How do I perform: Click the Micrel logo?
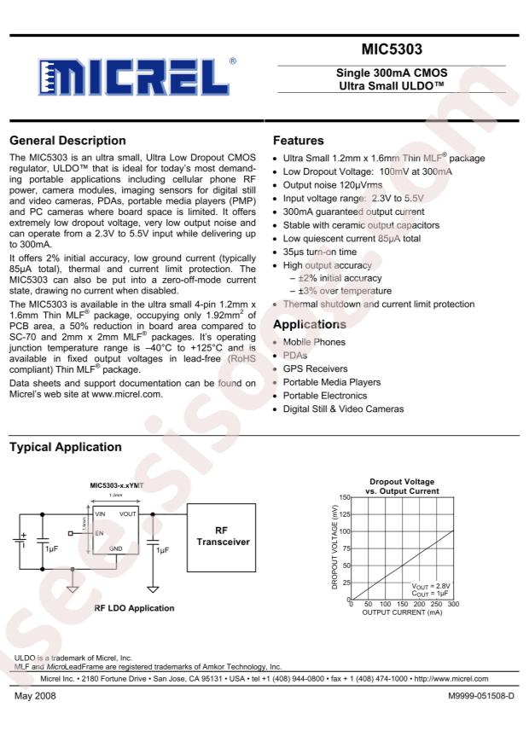134,78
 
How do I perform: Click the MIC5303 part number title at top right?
392,49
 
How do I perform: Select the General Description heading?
67,140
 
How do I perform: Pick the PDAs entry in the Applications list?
295,355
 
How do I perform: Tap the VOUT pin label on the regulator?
129,514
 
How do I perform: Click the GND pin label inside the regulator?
115,548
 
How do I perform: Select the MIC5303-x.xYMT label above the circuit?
117,485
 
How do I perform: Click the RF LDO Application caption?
134,608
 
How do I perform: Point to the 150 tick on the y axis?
345,496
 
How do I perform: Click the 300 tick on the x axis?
453,605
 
